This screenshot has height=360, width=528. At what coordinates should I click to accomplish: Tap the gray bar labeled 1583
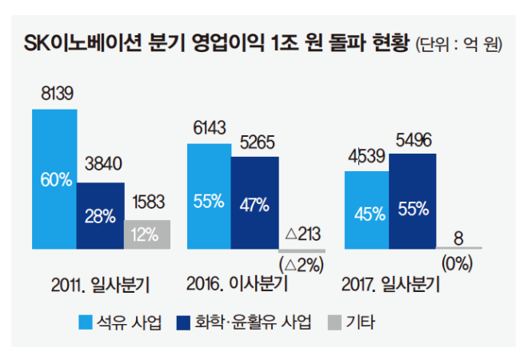pos(147,233)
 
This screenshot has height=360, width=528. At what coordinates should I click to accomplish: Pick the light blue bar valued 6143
pos(208,195)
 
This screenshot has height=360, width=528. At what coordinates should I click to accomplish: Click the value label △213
pos(301,234)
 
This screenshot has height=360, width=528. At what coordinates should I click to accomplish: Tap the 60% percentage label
pos(55,179)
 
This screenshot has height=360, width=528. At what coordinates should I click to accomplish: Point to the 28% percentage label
pos(101,216)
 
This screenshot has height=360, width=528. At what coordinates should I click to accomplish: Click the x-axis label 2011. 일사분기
pos(99,285)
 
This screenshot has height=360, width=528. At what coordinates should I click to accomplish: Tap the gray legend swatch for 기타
pos(334,322)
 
